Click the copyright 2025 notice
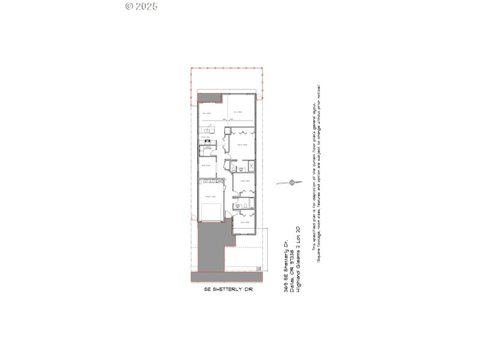(141, 7)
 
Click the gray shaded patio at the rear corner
(208, 97)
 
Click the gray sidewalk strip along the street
(225, 277)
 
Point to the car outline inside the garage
(211, 212)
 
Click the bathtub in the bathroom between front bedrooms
(244, 206)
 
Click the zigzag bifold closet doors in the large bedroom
(243, 133)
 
